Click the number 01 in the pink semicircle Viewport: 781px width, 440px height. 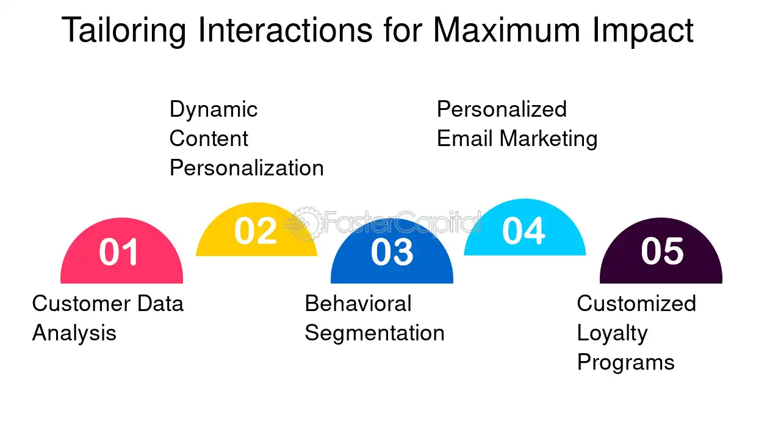120,252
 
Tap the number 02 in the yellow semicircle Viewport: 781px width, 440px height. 255,231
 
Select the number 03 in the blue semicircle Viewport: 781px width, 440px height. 392,252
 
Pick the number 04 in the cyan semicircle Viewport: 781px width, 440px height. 524,231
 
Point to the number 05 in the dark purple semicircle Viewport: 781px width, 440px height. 662,251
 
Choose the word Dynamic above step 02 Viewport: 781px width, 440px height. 214,110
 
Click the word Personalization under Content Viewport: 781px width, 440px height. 247,168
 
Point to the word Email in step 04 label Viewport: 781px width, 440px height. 465,139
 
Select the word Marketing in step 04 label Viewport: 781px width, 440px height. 549,139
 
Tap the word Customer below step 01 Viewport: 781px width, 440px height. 81,304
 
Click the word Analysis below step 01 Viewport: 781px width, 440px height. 74,333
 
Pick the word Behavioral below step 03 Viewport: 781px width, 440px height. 358,304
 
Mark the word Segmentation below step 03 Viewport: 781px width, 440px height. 375,334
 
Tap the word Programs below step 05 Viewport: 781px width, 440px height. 625,363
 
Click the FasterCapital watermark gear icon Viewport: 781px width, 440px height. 306,224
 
